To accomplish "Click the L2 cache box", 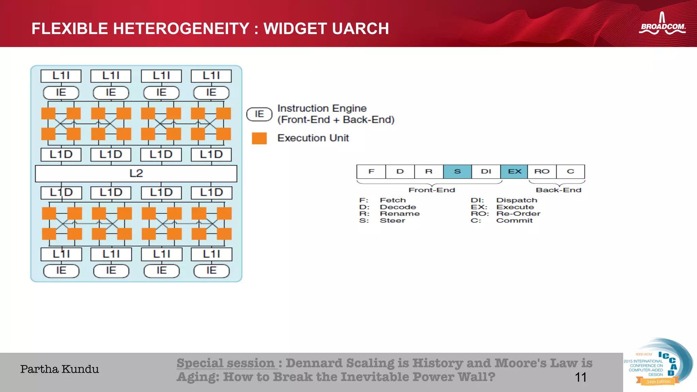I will (x=136, y=174).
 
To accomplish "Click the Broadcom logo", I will (x=662, y=24).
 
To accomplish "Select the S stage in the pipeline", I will (x=457, y=171).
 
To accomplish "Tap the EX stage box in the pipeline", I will (x=514, y=171).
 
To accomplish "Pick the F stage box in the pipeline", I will (x=371, y=171).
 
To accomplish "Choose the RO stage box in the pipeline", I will (x=542, y=171).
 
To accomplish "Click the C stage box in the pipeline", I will (x=571, y=171).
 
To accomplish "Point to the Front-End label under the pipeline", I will (x=432, y=190).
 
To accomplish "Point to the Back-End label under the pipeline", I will (x=558, y=190).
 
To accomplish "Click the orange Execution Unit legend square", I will (x=259, y=138).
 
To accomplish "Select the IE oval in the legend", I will (x=259, y=114).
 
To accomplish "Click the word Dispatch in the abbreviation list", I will (x=517, y=200).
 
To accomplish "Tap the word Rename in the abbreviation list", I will (x=400, y=214).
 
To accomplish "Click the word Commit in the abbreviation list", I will (x=514, y=220).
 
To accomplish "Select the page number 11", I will (x=580, y=377).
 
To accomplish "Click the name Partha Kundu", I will (x=60, y=369).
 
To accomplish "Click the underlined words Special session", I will (x=226, y=363).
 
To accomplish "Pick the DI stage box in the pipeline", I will (x=486, y=171).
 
